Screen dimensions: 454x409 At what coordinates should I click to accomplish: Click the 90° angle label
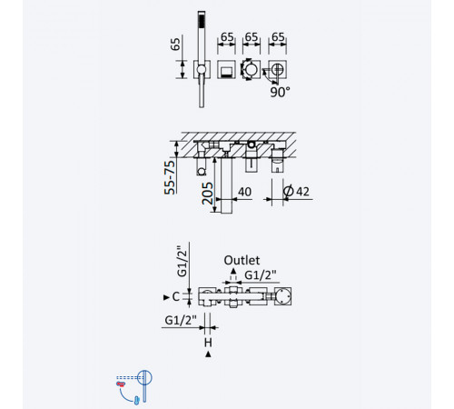point(280,92)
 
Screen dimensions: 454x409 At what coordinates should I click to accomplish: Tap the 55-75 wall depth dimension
point(170,177)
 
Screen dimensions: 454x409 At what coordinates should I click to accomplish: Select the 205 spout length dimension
point(207,194)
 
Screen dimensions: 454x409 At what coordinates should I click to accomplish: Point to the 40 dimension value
point(244,192)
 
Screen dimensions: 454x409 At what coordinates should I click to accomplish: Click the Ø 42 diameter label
point(296,191)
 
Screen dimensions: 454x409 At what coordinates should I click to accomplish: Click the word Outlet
point(242,260)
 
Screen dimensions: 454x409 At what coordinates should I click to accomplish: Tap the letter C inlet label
point(175,296)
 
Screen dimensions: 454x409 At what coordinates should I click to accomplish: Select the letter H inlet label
point(208,343)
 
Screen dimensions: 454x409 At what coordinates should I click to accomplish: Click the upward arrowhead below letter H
point(208,354)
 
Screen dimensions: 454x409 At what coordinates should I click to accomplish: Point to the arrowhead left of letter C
point(166,297)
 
